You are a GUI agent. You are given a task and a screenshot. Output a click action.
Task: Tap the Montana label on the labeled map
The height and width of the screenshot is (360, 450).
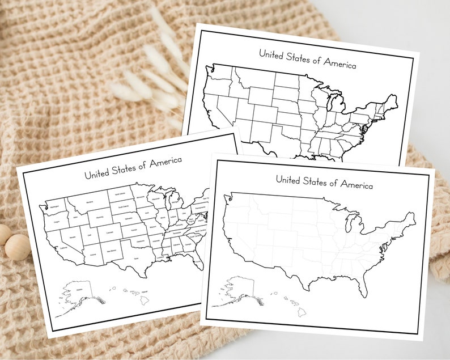[88, 201]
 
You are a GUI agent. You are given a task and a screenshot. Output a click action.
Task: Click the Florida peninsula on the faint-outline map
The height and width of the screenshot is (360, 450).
[360, 282]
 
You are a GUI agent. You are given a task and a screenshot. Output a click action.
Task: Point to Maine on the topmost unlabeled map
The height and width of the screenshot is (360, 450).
[390, 102]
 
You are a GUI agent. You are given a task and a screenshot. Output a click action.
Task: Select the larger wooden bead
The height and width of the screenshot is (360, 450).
[19, 248]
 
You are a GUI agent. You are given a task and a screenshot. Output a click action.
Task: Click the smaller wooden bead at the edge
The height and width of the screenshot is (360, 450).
[3, 233]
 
